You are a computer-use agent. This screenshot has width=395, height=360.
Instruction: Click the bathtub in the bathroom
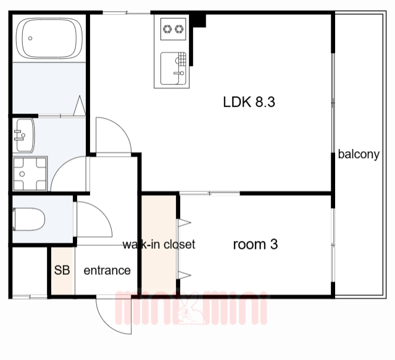click(49, 38)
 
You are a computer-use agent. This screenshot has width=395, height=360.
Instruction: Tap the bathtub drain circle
click(30, 38)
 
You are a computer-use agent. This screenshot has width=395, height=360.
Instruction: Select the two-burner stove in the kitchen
click(173, 29)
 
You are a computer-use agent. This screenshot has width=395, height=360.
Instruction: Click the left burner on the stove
click(167, 29)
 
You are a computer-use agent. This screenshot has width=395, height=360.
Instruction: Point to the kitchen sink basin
click(173, 69)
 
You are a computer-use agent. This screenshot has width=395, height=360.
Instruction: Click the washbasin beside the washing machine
click(24, 135)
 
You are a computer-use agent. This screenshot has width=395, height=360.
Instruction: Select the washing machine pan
click(30, 174)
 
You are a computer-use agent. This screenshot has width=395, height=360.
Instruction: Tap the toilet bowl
click(29, 219)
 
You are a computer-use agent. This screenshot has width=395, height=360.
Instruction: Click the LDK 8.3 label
click(249, 102)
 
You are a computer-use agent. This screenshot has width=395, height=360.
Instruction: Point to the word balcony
click(359, 154)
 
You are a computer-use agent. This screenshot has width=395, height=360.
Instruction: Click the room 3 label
click(256, 245)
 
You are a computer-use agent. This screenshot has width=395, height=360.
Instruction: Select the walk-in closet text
click(159, 245)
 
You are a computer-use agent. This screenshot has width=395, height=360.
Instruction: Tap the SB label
click(62, 270)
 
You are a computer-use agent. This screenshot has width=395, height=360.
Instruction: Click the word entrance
click(107, 270)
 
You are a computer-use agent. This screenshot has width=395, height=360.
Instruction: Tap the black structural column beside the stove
click(198, 20)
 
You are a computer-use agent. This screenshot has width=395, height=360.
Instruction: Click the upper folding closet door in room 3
click(185, 222)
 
